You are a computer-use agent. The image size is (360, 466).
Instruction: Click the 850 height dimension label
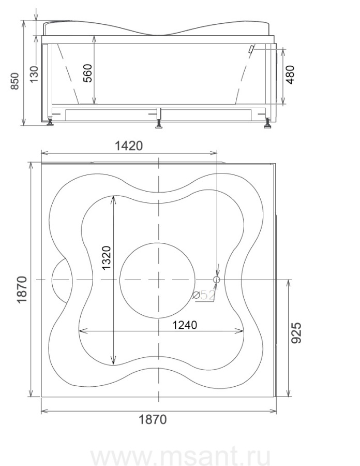click(x=15, y=81)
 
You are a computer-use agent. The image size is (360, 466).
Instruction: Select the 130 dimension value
click(x=34, y=74)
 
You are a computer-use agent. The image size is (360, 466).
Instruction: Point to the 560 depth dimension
click(x=87, y=73)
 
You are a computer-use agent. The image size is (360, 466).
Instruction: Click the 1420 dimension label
click(x=128, y=146)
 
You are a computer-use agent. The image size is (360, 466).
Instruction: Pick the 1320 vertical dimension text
click(x=106, y=258)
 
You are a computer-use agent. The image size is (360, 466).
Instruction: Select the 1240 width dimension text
click(x=185, y=325)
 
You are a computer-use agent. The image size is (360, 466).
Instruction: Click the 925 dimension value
click(x=296, y=333)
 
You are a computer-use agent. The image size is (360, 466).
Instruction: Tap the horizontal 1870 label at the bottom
click(x=153, y=419)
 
